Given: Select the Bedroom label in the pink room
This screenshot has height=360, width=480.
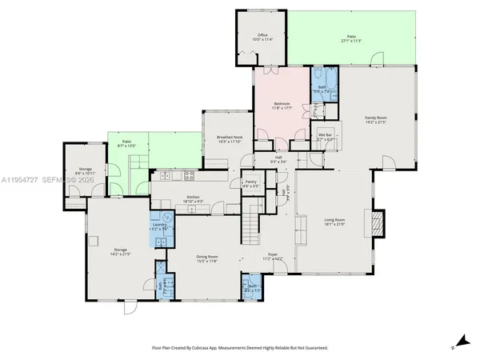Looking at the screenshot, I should [282, 104].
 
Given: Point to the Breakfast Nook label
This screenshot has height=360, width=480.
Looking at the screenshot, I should [229, 139].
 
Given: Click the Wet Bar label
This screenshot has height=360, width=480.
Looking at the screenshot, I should [325, 137].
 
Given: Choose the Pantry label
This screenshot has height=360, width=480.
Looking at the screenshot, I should [250, 183].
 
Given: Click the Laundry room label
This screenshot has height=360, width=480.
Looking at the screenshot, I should [158, 226].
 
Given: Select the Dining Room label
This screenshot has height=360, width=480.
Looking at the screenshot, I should [206, 258].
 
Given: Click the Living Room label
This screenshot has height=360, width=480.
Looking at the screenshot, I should [334, 221].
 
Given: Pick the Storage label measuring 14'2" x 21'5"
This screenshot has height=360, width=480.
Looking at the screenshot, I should [120, 251].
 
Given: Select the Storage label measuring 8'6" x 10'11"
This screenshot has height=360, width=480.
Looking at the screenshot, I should [85, 170].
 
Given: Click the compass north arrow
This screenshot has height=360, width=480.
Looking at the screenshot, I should [456, 340].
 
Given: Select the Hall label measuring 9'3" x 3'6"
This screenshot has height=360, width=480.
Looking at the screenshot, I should [279, 159].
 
